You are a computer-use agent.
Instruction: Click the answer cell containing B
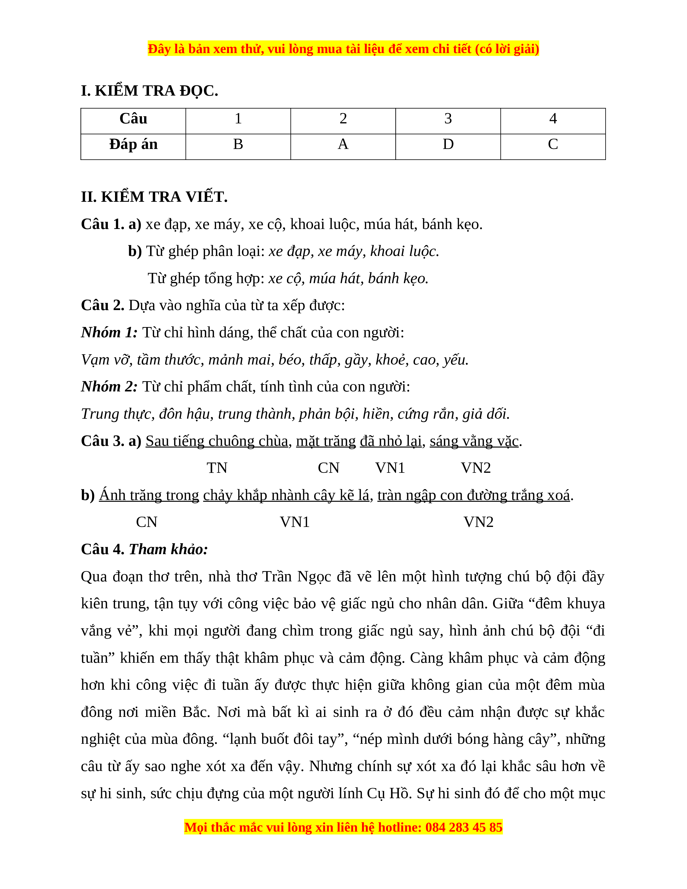238,144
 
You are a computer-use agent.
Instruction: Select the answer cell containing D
448,144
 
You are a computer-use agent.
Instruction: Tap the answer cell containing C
553,144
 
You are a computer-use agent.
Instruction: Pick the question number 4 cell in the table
553,119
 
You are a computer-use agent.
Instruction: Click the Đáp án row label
133,144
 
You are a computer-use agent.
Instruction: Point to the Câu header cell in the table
133,119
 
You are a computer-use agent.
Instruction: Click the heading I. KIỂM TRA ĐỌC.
149,91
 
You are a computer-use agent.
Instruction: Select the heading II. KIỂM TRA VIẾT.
154,197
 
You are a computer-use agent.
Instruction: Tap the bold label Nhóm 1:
109,332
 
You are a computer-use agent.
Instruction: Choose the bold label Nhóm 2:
109,387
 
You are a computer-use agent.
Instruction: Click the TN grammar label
217,468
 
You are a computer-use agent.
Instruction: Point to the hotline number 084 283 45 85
464,828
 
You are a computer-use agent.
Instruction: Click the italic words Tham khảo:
168,550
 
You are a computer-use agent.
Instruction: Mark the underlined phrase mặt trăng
326,441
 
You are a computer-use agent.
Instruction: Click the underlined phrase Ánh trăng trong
149,495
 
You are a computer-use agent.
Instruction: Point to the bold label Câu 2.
103,305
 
